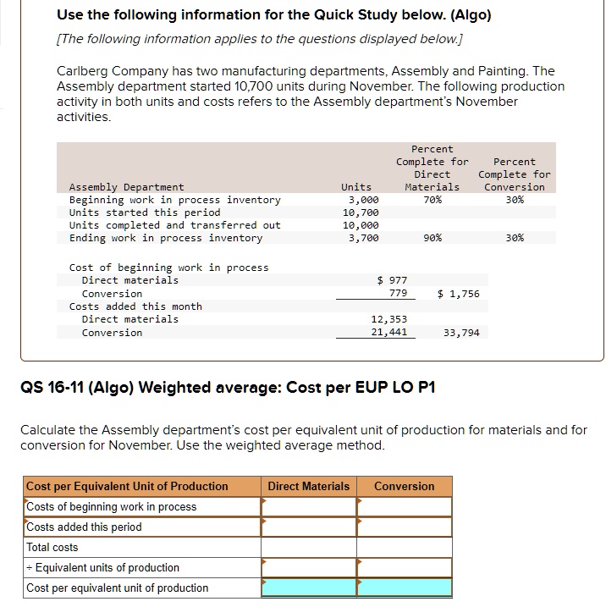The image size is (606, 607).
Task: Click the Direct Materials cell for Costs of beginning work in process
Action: click(x=309, y=506)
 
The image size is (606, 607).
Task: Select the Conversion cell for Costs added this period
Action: click(x=404, y=527)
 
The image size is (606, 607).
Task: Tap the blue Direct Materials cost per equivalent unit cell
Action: click(x=309, y=588)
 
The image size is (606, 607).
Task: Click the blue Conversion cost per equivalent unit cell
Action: click(x=404, y=588)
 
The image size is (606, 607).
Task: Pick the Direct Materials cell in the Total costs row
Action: click(x=309, y=547)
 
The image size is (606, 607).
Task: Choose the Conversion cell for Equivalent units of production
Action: click(x=404, y=567)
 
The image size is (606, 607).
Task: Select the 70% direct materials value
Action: click(x=432, y=200)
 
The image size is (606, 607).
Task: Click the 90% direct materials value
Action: click(x=432, y=238)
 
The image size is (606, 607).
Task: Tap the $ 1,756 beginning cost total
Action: click(x=459, y=294)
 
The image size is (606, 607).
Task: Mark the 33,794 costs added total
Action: click(x=461, y=333)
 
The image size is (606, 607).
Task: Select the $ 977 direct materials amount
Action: click(x=392, y=280)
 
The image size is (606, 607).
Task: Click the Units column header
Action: click(x=356, y=187)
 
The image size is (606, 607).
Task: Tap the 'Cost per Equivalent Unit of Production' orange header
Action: click(x=127, y=486)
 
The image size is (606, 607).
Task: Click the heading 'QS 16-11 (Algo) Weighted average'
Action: click(x=227, y=388)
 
